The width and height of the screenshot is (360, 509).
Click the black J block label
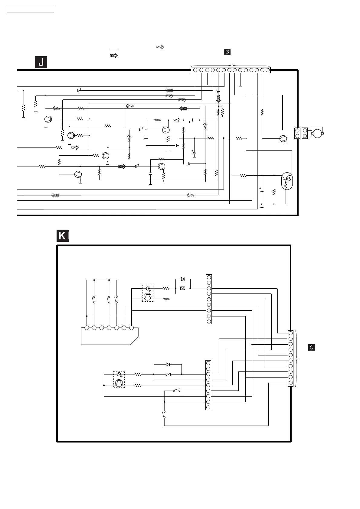(41, 62)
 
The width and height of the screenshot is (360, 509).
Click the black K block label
(62, 236)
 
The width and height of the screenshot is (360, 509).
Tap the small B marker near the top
(227, 52)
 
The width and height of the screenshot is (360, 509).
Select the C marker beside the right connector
(311, 348)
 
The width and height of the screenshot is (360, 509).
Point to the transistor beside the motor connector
(283, 139)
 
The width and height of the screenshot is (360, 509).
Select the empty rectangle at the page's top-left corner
(30, 10)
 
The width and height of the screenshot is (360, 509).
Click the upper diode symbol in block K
(183, 279)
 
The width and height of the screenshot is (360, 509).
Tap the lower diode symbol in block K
(168, 365)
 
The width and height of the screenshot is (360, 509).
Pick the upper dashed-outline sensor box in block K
(148, 293)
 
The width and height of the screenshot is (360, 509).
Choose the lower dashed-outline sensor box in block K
(119, 379)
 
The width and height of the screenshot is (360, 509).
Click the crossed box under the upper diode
(182, 288)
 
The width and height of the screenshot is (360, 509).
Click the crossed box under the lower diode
(169, 374)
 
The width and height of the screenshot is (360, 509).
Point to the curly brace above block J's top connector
(231, 65)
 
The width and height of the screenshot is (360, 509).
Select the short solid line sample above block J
(113, 49)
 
